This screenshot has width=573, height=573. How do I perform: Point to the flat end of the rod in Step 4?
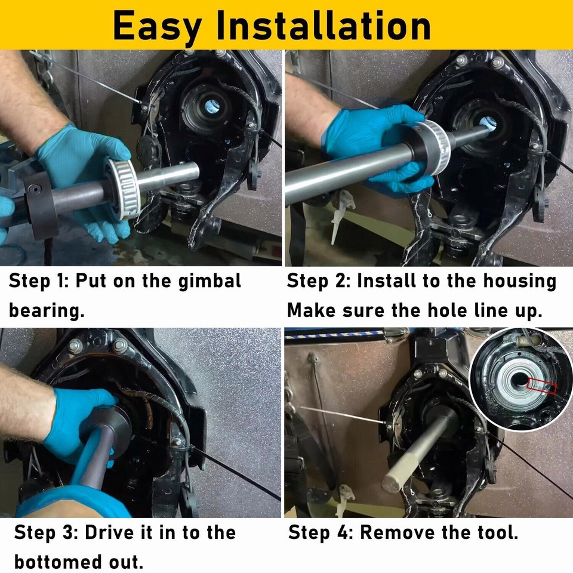point(393,480)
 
